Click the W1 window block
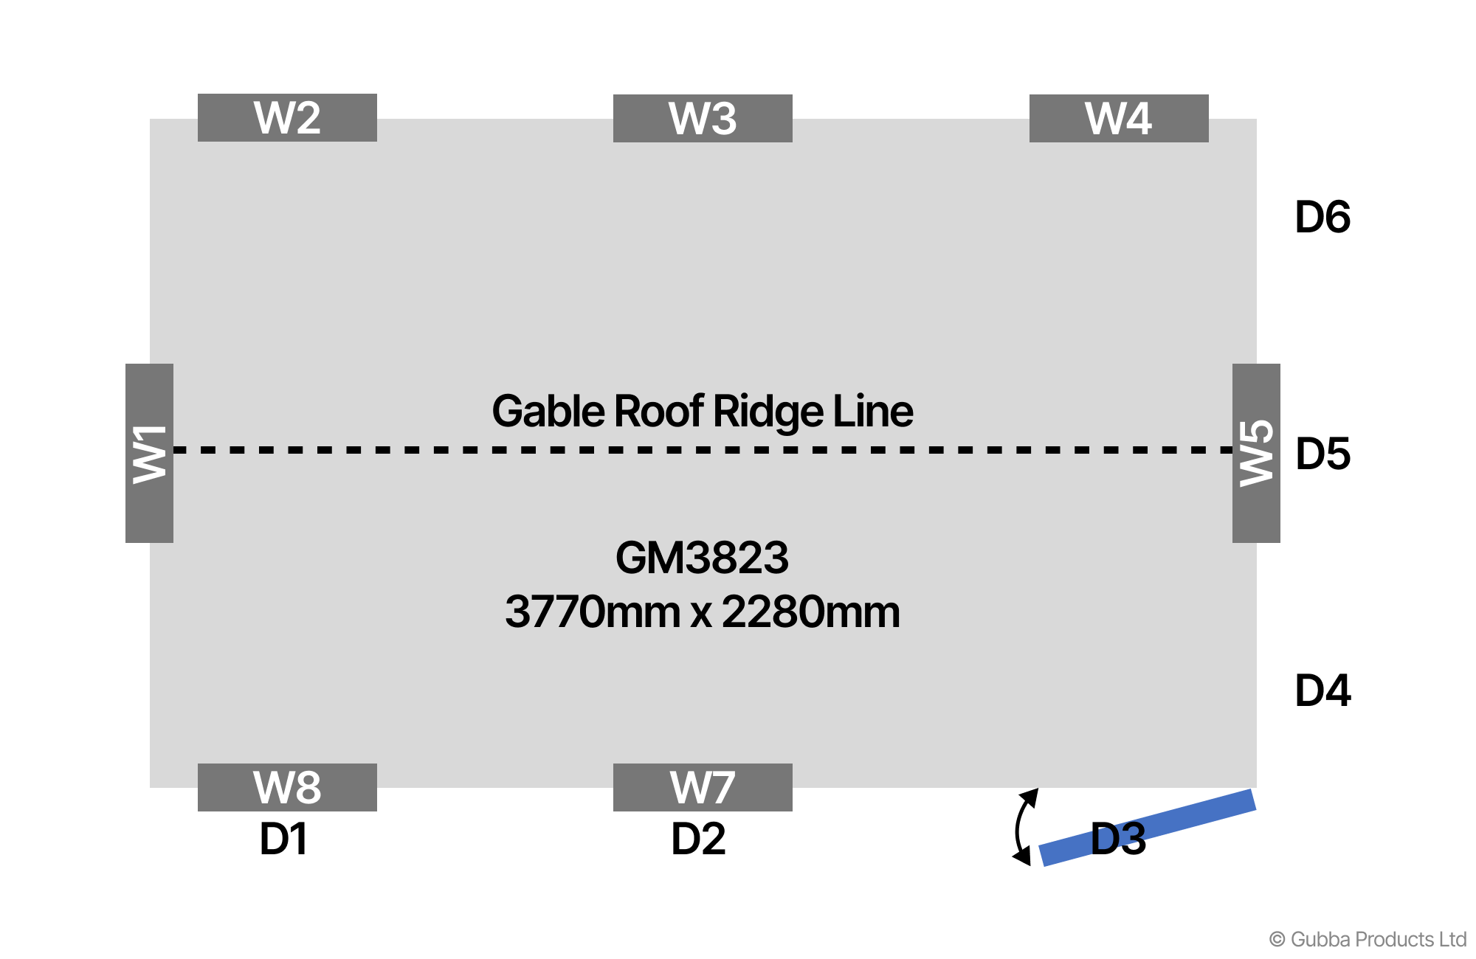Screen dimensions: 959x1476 pos(149,453)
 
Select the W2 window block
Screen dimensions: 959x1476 pos(287,117)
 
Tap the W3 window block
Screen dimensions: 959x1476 pos(703,118)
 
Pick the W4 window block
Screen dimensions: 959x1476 pos(1119,118)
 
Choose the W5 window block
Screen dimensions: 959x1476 pos(1256,453)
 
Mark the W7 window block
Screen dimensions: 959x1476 pos(703,787)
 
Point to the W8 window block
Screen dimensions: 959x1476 pos(287,787)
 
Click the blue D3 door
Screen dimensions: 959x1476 pos(1148,828)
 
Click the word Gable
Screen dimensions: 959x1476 pos(548,411)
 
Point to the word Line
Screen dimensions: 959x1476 pos(873,411)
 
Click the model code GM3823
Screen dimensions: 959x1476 pos(702,558)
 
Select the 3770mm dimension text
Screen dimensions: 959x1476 pos(593,612)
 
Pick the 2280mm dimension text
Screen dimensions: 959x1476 pos(810,612)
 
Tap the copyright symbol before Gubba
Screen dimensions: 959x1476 pos(1277,940)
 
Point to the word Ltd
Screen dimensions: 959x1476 pos(1452,940)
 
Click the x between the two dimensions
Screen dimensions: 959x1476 pos(701,614)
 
